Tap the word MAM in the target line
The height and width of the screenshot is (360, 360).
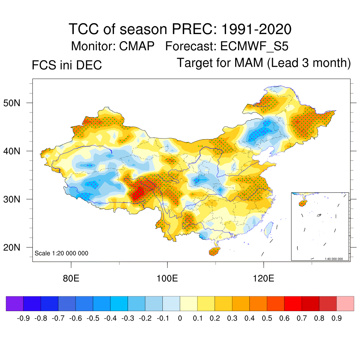point(250,63)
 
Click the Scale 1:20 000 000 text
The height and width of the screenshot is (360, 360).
point(62,253)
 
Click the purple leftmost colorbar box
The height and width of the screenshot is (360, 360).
point(15,304)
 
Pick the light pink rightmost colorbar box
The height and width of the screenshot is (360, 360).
point(345,304)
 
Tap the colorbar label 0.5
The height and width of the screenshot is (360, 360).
point(267,319)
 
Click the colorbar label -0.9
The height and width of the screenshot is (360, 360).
point(23,319)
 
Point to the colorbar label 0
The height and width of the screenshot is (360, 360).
point(180,319)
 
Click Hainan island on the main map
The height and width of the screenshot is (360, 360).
point(214,251)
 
